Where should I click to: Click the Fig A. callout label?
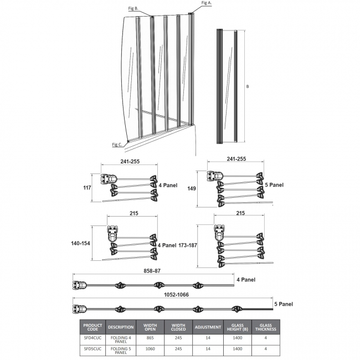coord(207,3)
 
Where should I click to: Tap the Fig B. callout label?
coord(133,8)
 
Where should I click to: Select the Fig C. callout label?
coord(117,145)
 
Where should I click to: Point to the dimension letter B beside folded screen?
coord(248,86)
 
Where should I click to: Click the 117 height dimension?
coord(88,188)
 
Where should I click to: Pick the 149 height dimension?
coord(192,188)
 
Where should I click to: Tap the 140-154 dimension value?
coord(81,243)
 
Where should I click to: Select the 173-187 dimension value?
coord(188,245)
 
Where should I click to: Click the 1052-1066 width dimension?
coord(176,295)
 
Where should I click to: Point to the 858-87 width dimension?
coord(152,271)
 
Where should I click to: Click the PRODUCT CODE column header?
coord(92,327)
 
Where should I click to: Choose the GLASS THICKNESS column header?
coord(266,327)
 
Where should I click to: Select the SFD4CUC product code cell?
coord(92,338)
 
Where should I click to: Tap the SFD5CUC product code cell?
coord(92,349)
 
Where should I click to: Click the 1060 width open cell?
coord(150,349)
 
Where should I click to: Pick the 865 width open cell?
coord(150,338)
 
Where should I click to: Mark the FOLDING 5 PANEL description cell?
coord(121,351)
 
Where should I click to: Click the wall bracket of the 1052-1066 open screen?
coord(79,309)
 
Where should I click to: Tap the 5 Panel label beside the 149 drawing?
coord(274,185)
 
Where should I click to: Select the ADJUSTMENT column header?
coord(208,327)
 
